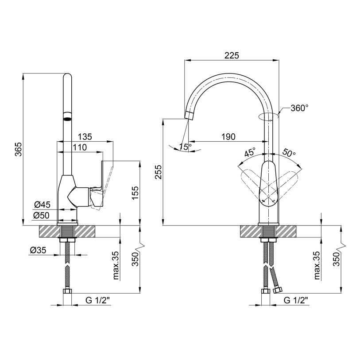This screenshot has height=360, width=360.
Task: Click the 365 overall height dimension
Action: pos(18,149)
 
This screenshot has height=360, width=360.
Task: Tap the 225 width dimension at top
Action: pos(232,55)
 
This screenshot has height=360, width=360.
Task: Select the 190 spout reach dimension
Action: pos(228,137)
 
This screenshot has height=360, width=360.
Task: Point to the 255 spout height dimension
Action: pos(159,172)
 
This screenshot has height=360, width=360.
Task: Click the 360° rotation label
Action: pos(299,108)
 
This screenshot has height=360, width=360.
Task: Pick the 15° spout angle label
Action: pos(186,147)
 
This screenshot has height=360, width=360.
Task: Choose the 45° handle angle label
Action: pos(250,152)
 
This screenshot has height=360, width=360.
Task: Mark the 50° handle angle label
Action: pos(289,152)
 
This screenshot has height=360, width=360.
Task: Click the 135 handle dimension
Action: pos(85,137)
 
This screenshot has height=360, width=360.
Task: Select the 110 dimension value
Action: pos(80,147)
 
